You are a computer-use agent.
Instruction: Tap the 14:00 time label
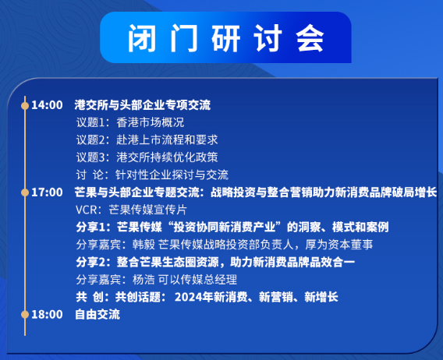(x=46, y=104)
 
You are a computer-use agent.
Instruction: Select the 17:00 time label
(x=46, y=192)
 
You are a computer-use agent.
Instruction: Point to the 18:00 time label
(x=46, y=314)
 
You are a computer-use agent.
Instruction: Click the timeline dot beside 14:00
(x=25, y=104)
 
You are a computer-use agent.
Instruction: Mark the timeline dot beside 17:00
(x=25, y=192)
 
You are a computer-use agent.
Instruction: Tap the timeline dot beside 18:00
(x=25, y=314)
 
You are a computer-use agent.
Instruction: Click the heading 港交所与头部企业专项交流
(x=142, y=104)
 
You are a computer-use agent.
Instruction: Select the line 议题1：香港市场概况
(x=129, y=122)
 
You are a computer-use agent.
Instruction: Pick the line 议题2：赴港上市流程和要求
(x=147, y=139)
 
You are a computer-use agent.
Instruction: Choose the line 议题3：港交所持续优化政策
(x=147, y=157)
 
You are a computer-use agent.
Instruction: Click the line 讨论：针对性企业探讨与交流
(x=152, y=175)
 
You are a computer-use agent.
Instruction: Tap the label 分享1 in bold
(x=92, y=227)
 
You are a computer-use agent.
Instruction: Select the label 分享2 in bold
(x=92, y=262)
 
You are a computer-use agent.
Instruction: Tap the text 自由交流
(x=97, y=314)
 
